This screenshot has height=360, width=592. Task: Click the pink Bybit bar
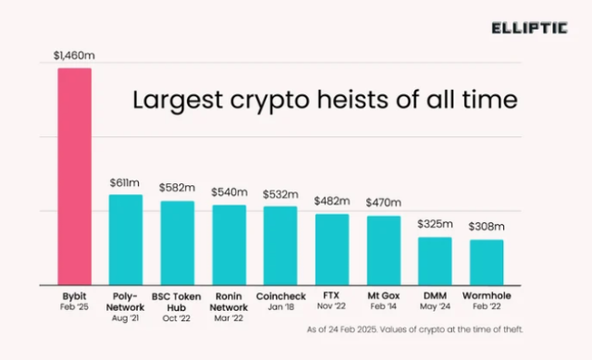[x=75, y=176]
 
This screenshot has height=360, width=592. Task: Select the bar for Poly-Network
[x=126, y=240]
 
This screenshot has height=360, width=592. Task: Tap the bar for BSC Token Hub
[x=178, y=242]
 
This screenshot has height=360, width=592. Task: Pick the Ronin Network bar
[x=229, y=245]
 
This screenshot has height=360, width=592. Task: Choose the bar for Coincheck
[x=280, y=245]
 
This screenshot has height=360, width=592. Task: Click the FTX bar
[x=332, y=249]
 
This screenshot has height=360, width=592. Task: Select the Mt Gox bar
[x=384, y=250]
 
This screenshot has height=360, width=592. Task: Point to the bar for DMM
[x=435, y=261]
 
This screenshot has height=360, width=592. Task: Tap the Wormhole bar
[x=487, y=262]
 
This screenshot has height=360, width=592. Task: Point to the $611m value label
[x=126, y=184]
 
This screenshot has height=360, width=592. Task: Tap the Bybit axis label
[x=75, y=294]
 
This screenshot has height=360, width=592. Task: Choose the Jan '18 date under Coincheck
[x=280, y=306]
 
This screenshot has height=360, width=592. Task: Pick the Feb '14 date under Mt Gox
[x=384, y=306]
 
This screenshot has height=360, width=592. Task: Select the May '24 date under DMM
[x=435, y=306]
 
